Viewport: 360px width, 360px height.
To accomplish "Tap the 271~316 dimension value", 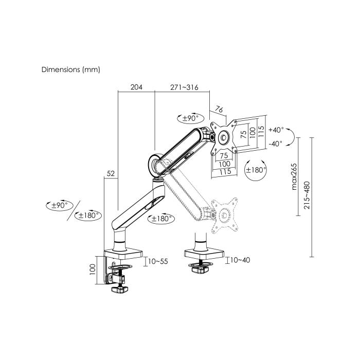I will point(184,87).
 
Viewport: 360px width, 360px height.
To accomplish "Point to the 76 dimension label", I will point(219,109).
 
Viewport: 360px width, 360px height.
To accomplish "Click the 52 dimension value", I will point(111,174).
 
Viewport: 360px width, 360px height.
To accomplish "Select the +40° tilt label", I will point(276,130).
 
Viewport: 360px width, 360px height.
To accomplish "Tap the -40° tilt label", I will point(275,144).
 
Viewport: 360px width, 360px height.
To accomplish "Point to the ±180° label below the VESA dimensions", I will point(256,170).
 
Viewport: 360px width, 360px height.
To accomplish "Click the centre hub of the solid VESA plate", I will point(224,137).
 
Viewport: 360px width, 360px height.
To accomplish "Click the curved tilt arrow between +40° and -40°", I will point(291,137).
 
